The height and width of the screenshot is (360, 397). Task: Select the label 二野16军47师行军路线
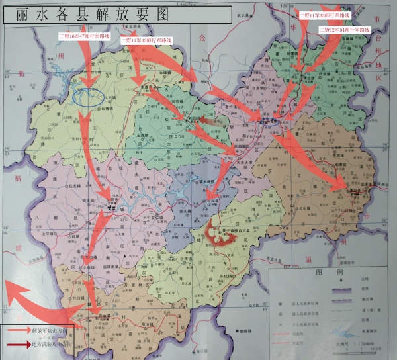point(84,36)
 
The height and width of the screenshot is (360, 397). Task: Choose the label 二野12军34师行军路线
point(344,30)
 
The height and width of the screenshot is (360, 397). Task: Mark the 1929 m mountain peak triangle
point(124,256)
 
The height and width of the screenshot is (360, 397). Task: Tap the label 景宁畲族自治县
point(229,231)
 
